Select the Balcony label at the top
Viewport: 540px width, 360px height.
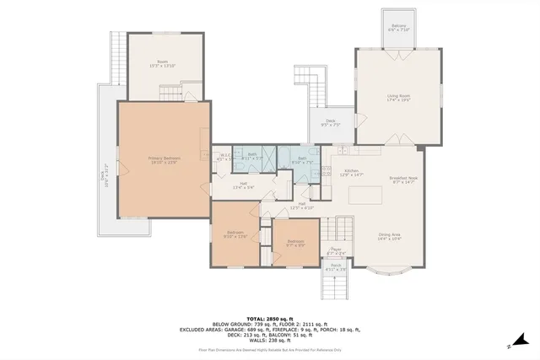[399, 28]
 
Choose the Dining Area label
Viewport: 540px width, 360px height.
[388, 237]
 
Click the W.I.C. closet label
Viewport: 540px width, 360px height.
[224, 156]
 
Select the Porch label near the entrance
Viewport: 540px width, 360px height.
[336, 267]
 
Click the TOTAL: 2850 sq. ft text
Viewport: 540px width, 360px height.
[268, 318]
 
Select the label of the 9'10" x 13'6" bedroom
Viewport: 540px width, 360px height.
[235, 234]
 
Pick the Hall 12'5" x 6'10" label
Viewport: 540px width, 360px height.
[301, 205]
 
